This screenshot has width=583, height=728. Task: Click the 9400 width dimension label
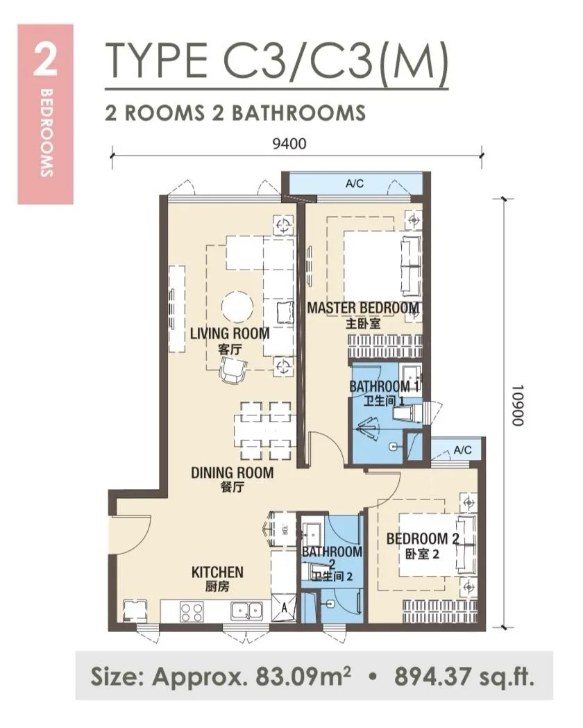289,144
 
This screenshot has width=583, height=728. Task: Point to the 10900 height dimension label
517,405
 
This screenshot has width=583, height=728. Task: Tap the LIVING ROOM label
230,333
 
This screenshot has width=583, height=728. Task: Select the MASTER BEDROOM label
363,308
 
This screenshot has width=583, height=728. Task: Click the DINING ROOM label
232,472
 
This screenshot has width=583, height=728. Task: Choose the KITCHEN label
217,572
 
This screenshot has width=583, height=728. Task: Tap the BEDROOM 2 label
423,538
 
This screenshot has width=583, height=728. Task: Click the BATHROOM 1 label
385,386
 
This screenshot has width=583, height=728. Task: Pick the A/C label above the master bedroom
355,183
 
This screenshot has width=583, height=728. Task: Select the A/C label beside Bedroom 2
462,450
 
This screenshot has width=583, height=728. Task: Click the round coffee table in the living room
237,306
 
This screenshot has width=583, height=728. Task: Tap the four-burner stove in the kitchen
192,611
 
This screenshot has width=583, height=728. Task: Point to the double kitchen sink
247,611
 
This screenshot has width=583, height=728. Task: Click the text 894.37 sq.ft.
464,677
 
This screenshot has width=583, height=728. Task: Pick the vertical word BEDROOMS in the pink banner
46,132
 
